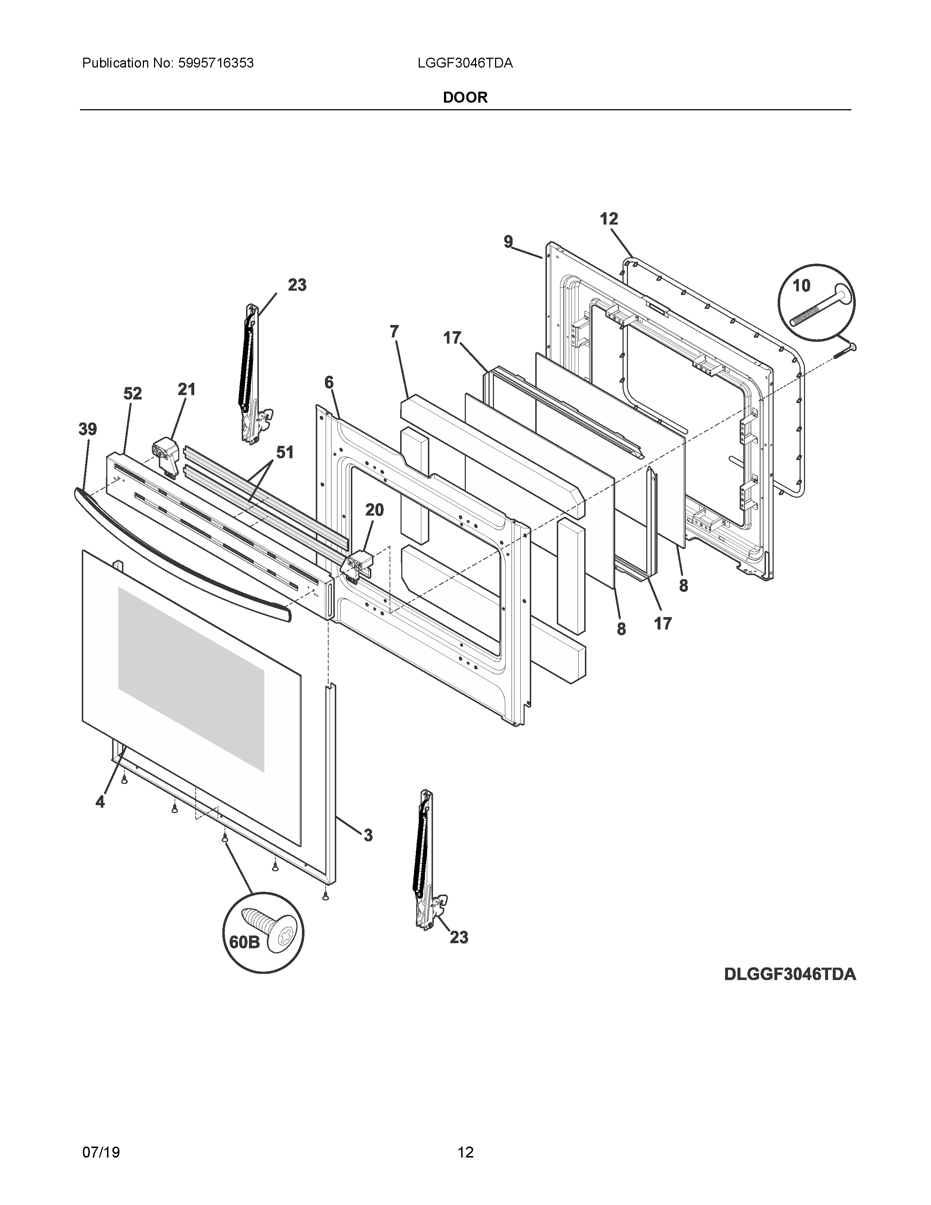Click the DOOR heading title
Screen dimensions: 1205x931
465,97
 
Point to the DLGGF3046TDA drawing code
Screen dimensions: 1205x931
790,974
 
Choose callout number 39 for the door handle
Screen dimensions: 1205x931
88,429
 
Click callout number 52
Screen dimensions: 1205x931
133,393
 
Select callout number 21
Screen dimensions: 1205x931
187,390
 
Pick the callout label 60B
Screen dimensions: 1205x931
244,942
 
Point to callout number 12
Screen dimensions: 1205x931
609,219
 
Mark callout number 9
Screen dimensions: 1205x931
508,242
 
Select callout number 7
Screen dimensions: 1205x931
394,332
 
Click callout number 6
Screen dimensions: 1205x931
329,382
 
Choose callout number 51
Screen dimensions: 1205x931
285,452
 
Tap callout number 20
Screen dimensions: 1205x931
375,510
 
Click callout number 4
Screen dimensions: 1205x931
100,802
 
